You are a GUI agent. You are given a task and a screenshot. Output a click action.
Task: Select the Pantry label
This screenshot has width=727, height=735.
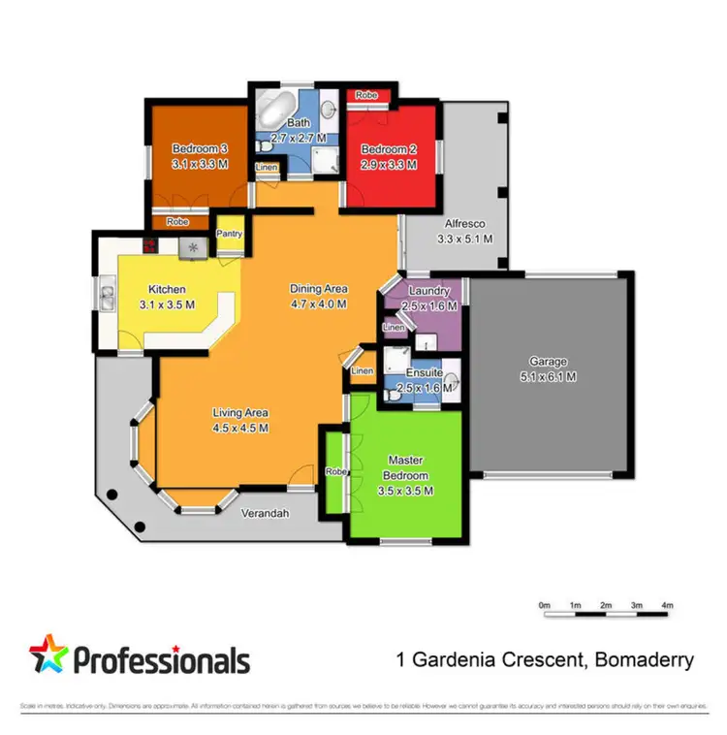[x=230, y=234]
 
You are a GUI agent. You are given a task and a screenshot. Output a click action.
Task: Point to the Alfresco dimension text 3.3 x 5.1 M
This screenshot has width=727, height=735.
[x=465, y=239]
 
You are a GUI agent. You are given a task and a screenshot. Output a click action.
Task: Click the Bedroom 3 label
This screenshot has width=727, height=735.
[x=200, y=148]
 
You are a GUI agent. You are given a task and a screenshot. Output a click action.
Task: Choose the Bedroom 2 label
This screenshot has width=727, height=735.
[x=389, y=149]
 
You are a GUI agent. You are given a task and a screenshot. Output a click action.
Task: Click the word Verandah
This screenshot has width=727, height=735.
[x=267, y=514]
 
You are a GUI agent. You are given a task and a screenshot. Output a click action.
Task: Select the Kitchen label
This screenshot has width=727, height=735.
[x=167, y=289]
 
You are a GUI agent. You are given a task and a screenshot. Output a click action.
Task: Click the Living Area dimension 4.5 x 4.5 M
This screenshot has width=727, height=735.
[x=240, y=428]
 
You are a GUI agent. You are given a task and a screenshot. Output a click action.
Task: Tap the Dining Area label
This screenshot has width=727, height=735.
[x=319, y=288]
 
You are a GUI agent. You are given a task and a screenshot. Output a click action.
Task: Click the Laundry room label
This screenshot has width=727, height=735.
[x=427, y=291]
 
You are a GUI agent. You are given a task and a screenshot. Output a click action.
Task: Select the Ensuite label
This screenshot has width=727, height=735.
[x=425, y=371]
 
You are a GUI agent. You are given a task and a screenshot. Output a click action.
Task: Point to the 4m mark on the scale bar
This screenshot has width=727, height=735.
[x=667, y=605]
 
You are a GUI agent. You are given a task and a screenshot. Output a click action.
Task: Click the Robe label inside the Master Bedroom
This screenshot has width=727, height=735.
[x=335, y=471]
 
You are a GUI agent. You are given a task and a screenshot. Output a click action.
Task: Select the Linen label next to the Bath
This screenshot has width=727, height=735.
[x=266, y=168]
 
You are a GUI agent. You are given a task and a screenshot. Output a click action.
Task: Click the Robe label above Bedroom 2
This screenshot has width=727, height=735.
[x=365, y=95]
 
